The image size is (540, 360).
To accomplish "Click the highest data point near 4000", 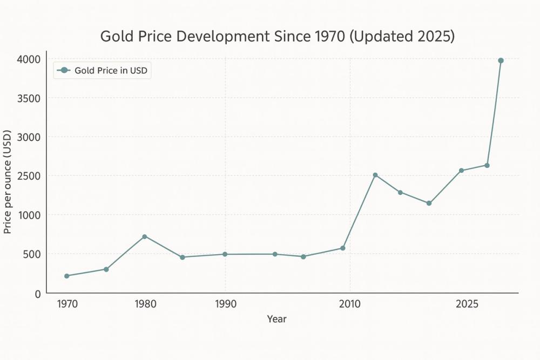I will coord(501,60).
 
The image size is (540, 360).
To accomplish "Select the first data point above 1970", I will coord(67,276).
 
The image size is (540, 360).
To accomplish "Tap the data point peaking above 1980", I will coord(145,236).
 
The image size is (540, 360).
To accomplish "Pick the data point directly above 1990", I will coord(225,254).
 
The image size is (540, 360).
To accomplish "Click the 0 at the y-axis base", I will coord(37,294).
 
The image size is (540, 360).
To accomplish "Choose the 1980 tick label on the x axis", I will coord(145,304).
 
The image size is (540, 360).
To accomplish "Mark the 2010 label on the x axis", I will coord(350,304).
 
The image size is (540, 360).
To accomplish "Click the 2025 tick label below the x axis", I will coord(467,304).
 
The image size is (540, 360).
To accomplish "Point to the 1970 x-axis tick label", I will coord(67,304).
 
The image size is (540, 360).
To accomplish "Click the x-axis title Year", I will coord(276,319).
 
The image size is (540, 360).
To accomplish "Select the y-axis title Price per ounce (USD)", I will coord(8,182).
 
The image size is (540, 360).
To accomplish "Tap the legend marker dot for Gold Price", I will coord(64,70).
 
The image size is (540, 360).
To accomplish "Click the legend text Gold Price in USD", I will coord(111,70).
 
